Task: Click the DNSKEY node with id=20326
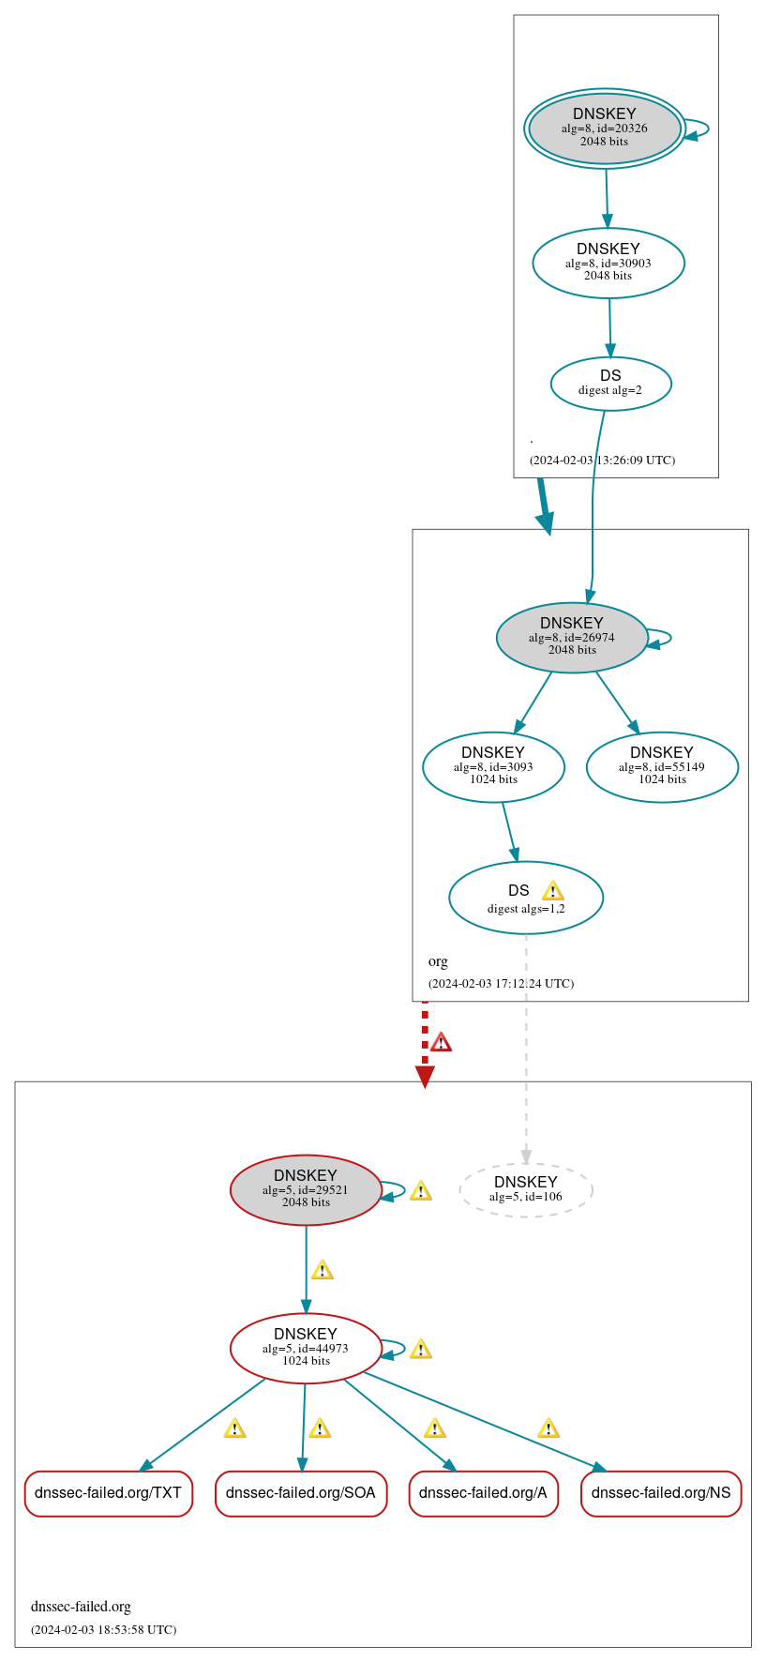pyautogui.click(x=605, y=128)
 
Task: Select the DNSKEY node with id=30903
pyautogui.click(x=608, y=263)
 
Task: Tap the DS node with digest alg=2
pyautogui.click(x=610, y=383)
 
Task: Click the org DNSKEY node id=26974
pyautogui.click(x=572, y=637)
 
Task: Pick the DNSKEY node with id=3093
pyautogui.click(x=493, y=766)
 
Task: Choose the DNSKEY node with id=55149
pyautogui.click(x=662, y=766)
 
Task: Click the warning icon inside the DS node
pyautogui.click(x=553, y=891)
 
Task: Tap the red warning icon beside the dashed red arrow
pyautogui.click(x=441, y=1042)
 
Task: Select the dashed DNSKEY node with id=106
pyautogui.click(x=525, y=1189)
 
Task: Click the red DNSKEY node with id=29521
pyautogui.click(x=306, y=1189)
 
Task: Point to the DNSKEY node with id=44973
pyautogui.click(x=306, y=1348)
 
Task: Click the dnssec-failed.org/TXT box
pyautogui.click(x=109, y=1492)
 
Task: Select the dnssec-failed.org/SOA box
pyautogui.click(x=300, y=1492)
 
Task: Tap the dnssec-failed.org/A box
pyautogui.click(x=483, y=1492)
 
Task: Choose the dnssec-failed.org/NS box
pyautogui.click(x=661, y=1492)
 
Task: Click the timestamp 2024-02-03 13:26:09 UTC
pyautogui.click(x=602, y=461)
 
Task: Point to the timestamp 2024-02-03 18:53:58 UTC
pyautogui.click(x=103, y=1629)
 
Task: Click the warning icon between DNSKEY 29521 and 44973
pyautogui.click(x=323, y=1271)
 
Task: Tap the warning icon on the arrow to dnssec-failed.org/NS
pyautogui.click(x=548, y=1428)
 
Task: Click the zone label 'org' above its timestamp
pyautogui.click(x=438, y=961)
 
